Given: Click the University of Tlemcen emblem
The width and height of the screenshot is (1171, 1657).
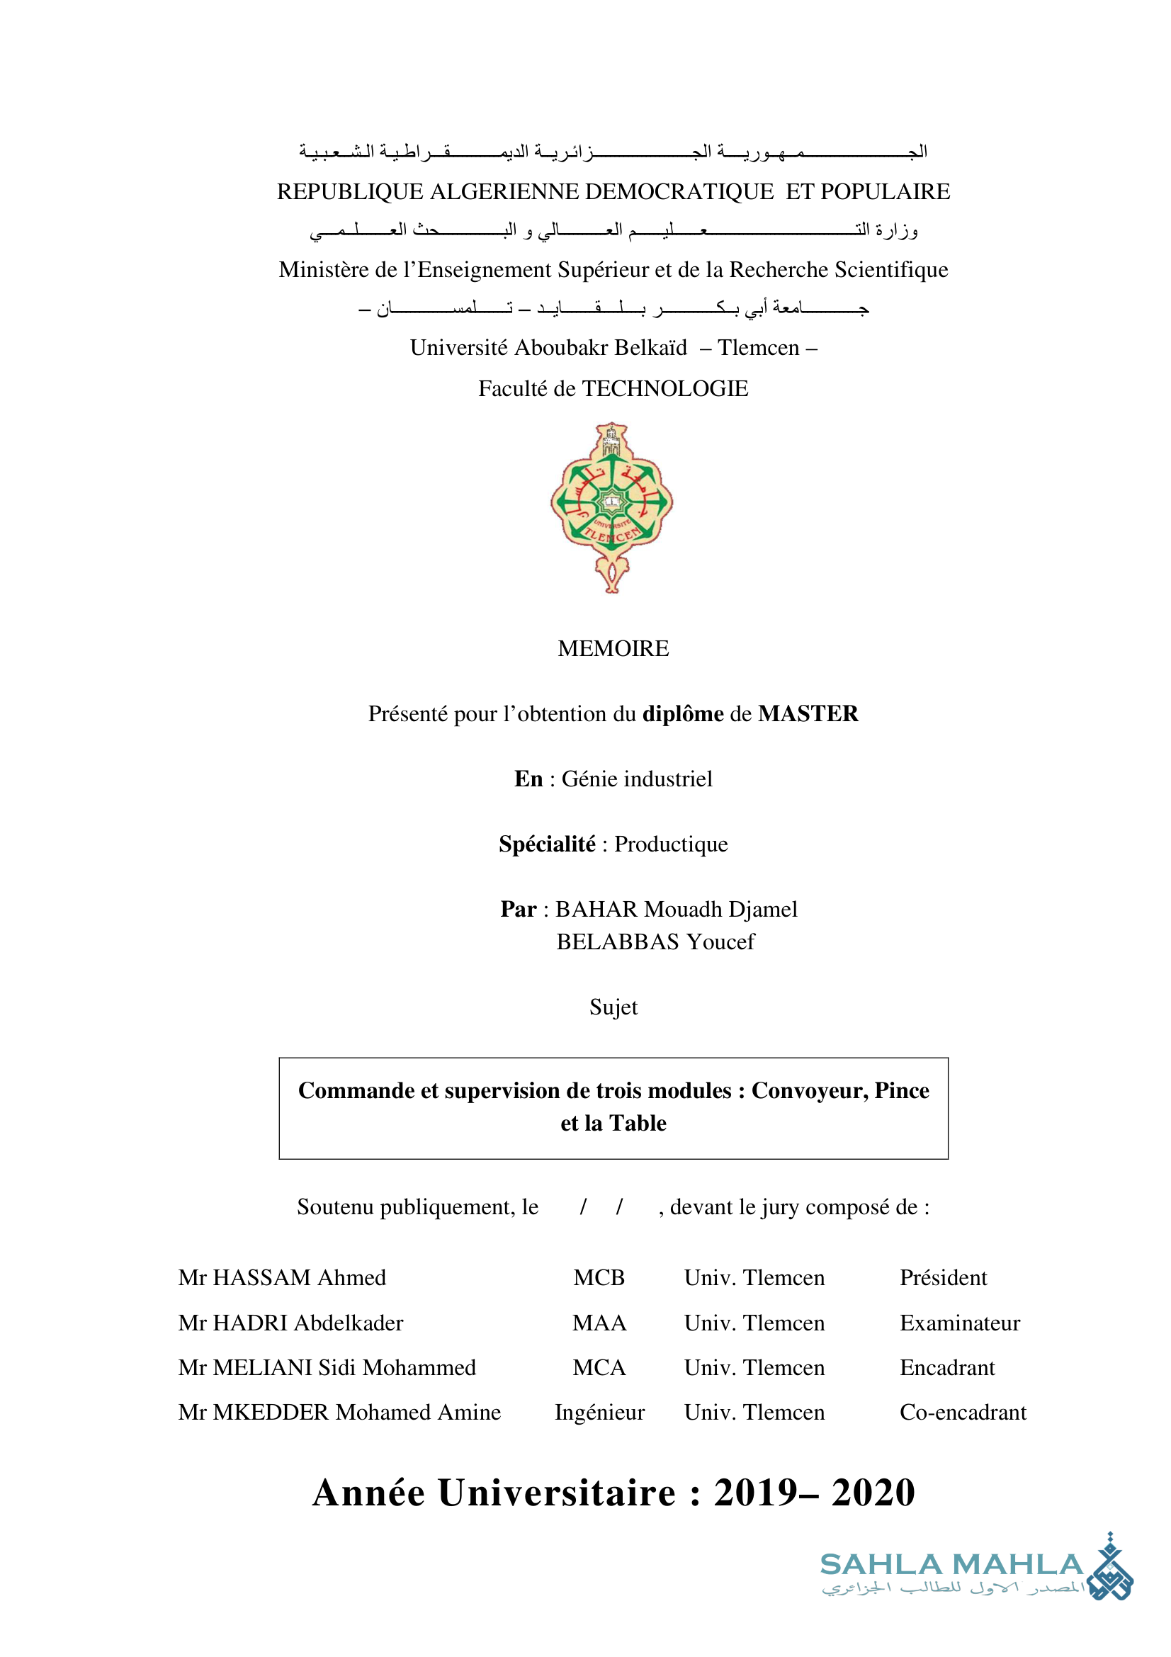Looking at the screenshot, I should (612, 507).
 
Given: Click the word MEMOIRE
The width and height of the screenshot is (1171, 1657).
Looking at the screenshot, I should (613, 648).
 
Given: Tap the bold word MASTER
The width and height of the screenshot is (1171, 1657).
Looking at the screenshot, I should (808, 713).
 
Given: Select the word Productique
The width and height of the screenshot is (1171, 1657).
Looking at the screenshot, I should (671, 844).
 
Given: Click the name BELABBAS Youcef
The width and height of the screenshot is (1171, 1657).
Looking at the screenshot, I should (655, 941).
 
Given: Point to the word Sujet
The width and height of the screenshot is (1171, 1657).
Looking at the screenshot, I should (613, 1007).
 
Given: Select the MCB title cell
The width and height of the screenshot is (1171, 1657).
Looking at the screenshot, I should (599, 1277).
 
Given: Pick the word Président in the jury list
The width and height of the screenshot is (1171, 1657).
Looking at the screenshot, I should (943, 1277).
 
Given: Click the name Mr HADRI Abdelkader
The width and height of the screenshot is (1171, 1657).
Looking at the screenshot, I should (290, 1322).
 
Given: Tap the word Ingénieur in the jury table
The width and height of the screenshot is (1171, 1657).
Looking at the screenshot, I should (599, 1412).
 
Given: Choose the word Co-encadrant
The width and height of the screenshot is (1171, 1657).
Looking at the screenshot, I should (963, 1412).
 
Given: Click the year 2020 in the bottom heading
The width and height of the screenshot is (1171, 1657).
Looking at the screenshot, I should (873, 1493).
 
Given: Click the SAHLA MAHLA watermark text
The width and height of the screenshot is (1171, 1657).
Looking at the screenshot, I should (951, 1565).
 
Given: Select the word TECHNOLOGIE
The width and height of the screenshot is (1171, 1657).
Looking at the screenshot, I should (665, 388).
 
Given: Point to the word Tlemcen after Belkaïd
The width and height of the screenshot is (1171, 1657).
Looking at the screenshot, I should (758, 347).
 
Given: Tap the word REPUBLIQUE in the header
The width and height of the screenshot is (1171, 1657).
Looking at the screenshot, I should (350, 191).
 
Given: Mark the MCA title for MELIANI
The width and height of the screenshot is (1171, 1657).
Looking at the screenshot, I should (599, 1367).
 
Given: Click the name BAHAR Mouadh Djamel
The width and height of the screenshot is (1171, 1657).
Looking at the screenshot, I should (676, 909).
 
